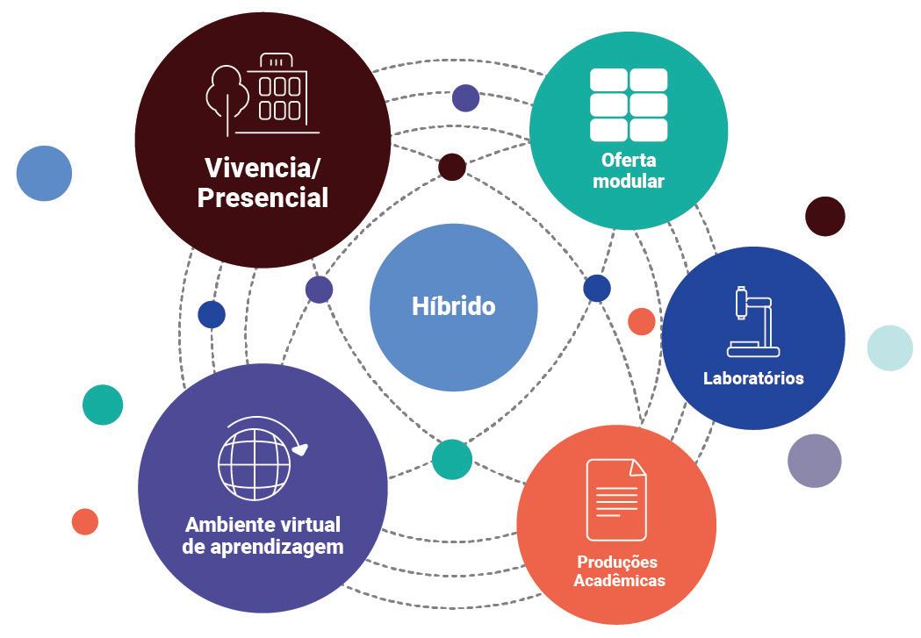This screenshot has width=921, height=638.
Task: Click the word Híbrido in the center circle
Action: tap(453, 306)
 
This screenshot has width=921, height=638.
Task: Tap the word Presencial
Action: tap(263, 197)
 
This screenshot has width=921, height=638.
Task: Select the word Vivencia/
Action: tap(260, 167)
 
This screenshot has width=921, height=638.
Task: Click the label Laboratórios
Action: tap(753, 379)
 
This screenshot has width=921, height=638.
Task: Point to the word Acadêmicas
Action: tap(619, 580)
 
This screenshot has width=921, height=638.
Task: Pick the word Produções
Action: tap(616, 562)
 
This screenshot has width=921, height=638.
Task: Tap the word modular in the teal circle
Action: tap(628, 182)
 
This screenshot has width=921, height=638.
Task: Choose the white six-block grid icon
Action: tap(629, 104)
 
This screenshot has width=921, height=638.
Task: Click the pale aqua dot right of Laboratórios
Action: tap(889, 348)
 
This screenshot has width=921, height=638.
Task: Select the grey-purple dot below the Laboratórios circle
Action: tap(814, 461)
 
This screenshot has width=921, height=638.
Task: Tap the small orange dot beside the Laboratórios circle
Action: tap(641, 321)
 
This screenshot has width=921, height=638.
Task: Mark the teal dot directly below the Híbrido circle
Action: tap(451, 460)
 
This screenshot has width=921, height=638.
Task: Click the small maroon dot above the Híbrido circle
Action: tap(451, 167)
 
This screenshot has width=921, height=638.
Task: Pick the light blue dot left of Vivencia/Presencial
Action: tap(44, 173)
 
